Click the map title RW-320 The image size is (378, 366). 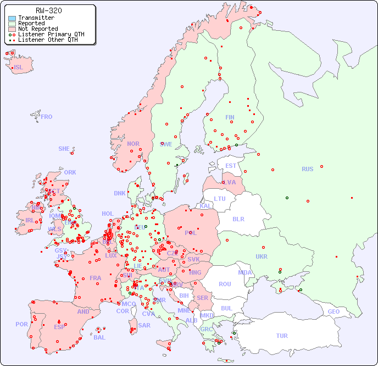click(48, 10)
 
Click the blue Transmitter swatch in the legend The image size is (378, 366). click(12, 18)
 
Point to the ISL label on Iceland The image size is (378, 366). click(19, 68)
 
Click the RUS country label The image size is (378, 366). click(307, 169)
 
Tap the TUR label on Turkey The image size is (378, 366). click(282, 336)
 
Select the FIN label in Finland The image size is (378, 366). click(230, 117)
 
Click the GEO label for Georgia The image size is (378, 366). click(333, 312)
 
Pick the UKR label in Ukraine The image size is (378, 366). click(262, 256)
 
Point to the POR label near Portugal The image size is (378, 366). click(21, 324)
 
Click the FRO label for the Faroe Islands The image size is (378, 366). click(47, 117)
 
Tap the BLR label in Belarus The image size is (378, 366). click(238, 218)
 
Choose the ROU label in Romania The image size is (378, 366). click(225, 284)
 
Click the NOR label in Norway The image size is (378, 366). click(133, 144)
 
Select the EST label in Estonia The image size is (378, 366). click(231, 166)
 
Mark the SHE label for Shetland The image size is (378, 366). click(64, 149)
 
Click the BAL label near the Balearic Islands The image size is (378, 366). click(99, 337)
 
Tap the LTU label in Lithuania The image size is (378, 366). click(220, 199)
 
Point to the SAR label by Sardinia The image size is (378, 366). click(144, 325)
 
